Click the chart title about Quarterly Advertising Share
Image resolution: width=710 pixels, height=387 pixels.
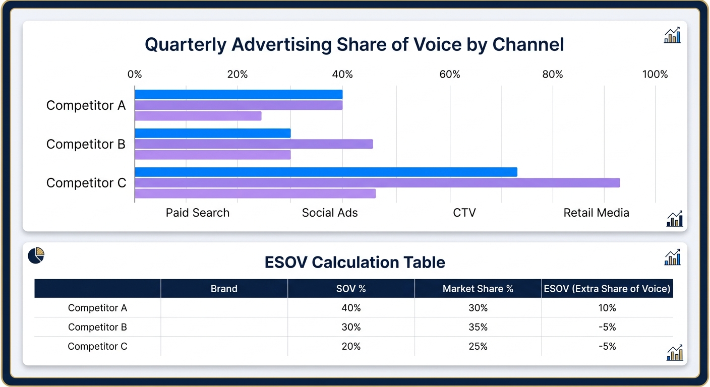point(354,45)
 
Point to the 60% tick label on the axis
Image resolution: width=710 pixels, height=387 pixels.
point(449,75)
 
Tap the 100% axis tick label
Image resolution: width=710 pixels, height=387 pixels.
point(655,75)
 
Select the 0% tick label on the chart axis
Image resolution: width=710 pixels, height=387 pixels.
point(135,75)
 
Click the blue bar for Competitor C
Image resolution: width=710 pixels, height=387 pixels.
point(326,172)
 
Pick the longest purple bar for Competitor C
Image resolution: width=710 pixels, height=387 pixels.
point(377,183)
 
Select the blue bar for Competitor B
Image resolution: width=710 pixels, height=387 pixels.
point(213,133)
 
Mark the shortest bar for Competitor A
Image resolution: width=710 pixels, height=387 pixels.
point(198,116)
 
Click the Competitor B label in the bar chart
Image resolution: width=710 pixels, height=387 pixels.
point(86,144)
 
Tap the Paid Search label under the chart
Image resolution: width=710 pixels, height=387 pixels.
point(197,213)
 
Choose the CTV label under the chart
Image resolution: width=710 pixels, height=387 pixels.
point(464,213)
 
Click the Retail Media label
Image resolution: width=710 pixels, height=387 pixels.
point(596,213)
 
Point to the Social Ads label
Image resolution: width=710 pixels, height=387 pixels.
point(330,213)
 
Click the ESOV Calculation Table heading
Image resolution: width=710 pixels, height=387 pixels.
point(354,263)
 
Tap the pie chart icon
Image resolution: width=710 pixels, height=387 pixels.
point(36,255)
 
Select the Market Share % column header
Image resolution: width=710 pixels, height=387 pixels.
point(478,289)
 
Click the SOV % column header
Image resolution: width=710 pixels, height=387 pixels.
point(351,289)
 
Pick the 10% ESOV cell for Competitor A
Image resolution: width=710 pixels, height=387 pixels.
point(607,308)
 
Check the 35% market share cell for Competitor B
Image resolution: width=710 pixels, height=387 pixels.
point(478,327)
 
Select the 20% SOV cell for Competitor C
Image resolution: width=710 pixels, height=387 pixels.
point(351,346)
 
